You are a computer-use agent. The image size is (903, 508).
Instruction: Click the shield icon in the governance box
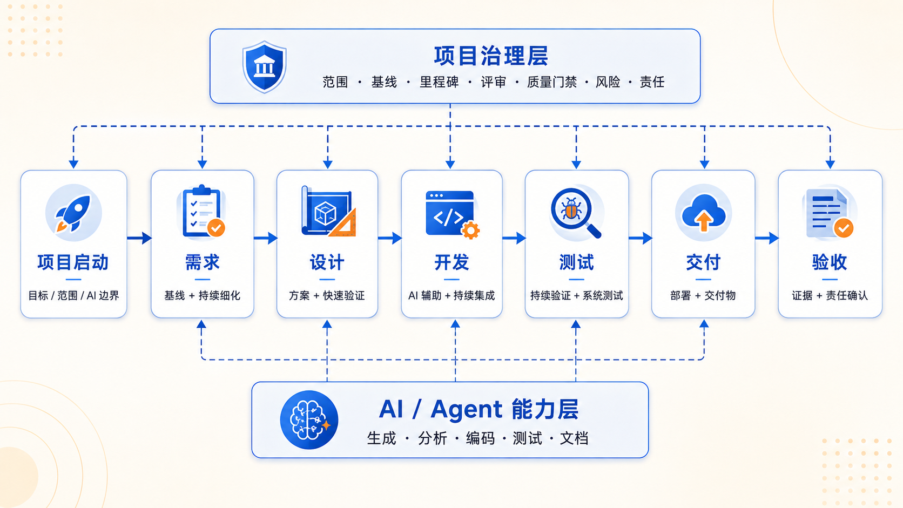point(265,67)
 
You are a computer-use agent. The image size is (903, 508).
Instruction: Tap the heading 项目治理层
point(491,56)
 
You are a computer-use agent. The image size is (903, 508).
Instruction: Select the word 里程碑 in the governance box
point(439,82)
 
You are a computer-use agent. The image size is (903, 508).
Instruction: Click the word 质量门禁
point(551,82)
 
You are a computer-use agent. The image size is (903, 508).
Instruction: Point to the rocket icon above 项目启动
point(73,213)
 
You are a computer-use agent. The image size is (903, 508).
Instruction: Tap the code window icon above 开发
point(452,214)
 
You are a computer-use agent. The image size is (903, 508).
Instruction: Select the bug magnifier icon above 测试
point(576,213)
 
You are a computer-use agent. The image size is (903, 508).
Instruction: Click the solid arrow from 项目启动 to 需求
point(139,238)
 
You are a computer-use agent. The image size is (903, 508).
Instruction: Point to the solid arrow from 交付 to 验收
point(767,238)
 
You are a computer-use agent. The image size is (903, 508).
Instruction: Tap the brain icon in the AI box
point(309,420)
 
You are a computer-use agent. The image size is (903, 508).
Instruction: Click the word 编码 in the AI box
point(480,438)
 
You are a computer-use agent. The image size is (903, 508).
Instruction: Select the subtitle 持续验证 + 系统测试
point(576,296)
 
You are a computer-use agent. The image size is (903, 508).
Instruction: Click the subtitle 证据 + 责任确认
point(830,296)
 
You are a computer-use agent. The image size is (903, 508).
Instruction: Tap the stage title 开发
point(451,262)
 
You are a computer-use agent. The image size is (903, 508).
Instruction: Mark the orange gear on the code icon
point(470,230)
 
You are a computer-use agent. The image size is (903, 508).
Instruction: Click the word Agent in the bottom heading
point(467,410)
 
